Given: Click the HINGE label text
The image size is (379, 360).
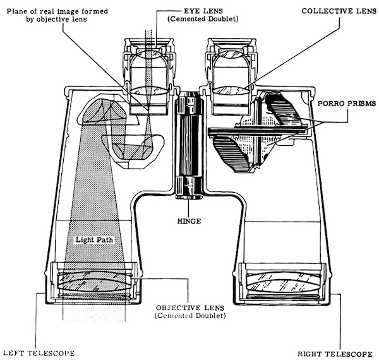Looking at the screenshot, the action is (x=189, y=221).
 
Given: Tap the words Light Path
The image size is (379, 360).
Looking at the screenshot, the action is (x=94, y=239).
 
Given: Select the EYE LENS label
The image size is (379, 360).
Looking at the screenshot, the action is (x=203, y=11).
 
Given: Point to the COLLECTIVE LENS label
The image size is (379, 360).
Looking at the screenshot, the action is (x=339, y=11).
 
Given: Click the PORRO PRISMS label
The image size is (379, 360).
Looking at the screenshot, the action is (x=347, y=104).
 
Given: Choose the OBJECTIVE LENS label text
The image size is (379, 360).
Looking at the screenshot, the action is (x=190, y=308).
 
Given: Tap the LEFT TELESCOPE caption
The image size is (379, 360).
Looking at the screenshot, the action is (x=39, y=353).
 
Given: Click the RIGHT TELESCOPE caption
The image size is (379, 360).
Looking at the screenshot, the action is (x=335, y=354).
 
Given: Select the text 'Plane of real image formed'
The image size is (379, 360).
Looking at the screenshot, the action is (x=57, y=11).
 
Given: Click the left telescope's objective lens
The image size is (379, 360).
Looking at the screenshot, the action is (x=95, y=282).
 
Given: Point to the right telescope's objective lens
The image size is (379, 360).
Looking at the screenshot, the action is (x=284, y=282).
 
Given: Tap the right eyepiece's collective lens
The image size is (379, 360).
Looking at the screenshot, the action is (x=232, y=90).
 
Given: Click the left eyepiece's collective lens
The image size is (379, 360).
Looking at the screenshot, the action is (x=149, y=90).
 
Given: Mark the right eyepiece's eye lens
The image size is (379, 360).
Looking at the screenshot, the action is (x=232, y=54).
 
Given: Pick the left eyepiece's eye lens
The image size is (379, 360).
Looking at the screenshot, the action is (x=149, y=54).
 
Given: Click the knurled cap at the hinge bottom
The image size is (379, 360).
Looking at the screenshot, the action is (x=189, y=197).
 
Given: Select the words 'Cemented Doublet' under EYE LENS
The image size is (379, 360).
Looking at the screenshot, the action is (x=203, y=19).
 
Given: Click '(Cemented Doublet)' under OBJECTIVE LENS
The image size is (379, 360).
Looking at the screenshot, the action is (x=190, y=316).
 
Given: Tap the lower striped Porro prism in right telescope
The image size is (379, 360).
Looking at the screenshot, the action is (x=232, y=153).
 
